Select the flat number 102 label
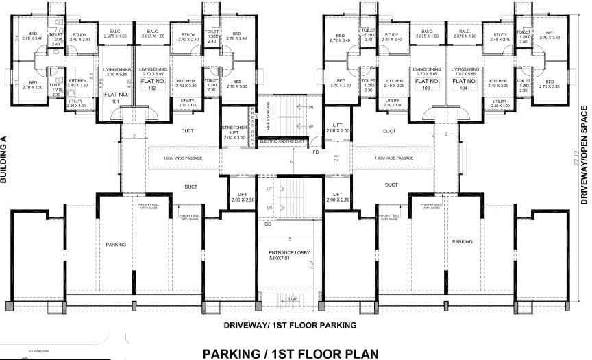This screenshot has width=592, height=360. [152, 84]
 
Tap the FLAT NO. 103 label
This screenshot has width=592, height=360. [427, 84]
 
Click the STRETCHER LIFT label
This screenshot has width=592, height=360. [234, 132]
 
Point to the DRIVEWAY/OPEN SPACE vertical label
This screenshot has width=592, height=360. [584, 156]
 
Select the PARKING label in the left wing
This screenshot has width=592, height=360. [116, 243]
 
